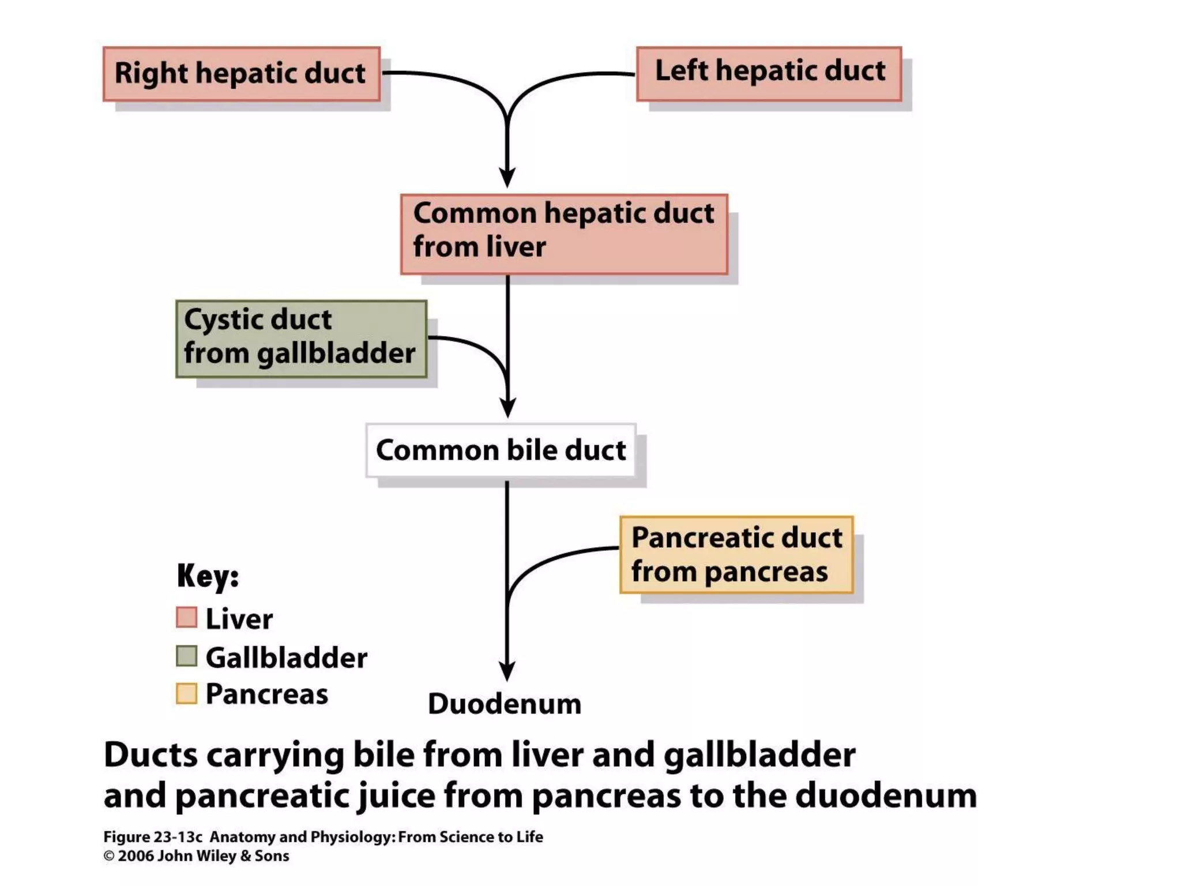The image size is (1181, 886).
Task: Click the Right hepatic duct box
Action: [241, 74]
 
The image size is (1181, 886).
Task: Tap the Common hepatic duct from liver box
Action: [564, 234]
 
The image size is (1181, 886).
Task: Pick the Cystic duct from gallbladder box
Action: [301, 339]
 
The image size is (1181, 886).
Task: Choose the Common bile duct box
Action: [501, 450]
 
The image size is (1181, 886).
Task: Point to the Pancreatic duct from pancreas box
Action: [736, 554]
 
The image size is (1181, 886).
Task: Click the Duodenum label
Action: [505, 704]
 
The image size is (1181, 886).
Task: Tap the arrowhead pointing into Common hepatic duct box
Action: [507, 177]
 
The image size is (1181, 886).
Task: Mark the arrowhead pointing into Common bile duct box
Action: [507, 407]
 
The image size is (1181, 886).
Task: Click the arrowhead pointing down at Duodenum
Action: [507, 671]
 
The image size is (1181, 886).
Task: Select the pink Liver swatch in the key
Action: [186, 617]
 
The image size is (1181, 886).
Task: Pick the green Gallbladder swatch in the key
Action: [186, 656]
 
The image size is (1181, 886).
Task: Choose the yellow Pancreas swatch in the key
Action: [186, 693]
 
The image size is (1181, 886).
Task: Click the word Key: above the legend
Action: [208, 576]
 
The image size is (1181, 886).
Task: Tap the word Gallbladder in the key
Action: [286, 658]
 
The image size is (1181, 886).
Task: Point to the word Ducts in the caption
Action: [151, 754]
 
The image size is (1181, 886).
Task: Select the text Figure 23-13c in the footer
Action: [153, 837]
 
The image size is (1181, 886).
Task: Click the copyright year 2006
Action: [136, 856]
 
